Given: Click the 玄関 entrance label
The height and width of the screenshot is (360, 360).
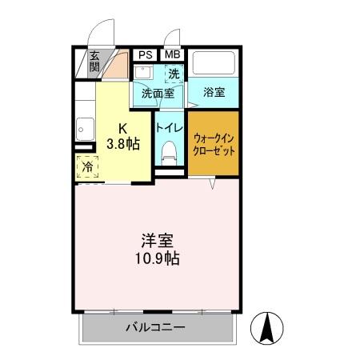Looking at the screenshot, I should [x=94, y=62].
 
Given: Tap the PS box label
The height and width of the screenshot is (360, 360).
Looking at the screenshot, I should [x=145, y=54].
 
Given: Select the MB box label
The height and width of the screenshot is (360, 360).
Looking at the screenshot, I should [x=172, y=54].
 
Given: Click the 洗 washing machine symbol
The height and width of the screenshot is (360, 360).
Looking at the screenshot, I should [x=174, y=74].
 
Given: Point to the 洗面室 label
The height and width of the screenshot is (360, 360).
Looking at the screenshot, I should [x=157, y=93].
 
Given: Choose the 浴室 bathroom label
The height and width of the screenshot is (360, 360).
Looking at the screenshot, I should [x=214, y=92].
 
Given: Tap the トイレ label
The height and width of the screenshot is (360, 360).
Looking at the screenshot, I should [x=169, y=126].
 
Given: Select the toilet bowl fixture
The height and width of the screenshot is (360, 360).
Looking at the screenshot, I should [x=168, y=150].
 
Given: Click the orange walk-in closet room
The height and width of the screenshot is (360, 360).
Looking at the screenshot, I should [x=214, y=144].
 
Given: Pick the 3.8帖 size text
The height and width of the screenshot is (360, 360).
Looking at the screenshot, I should [x=124, y=144].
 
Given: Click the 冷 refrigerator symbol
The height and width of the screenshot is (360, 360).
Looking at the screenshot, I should [x=87, y=168].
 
